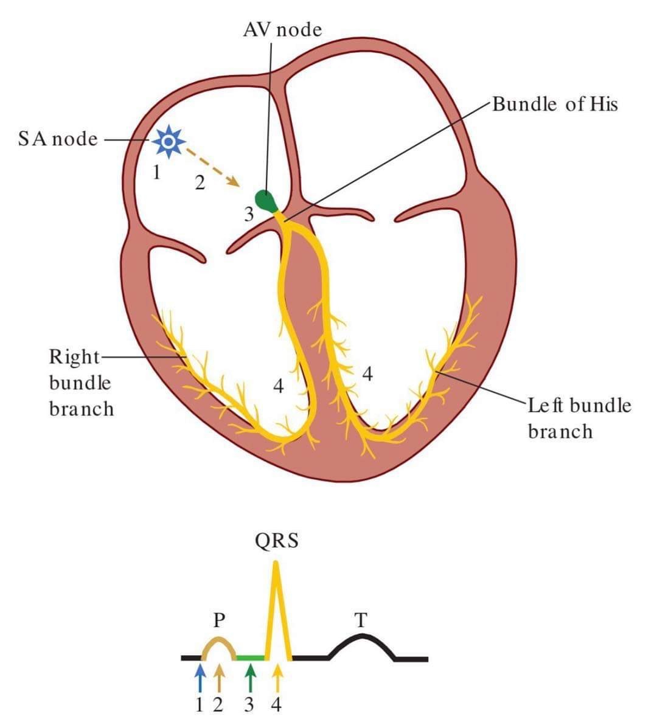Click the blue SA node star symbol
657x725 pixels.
169,141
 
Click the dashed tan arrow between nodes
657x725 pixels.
210,165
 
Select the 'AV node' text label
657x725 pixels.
282,29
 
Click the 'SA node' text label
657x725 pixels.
58,139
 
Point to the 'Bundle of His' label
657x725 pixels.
555,105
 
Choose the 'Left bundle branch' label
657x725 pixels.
579,418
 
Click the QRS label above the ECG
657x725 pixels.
277,541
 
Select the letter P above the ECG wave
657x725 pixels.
220,620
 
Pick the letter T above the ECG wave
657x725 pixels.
361,620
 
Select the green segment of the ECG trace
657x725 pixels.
250,657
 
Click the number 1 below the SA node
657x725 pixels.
156,173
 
